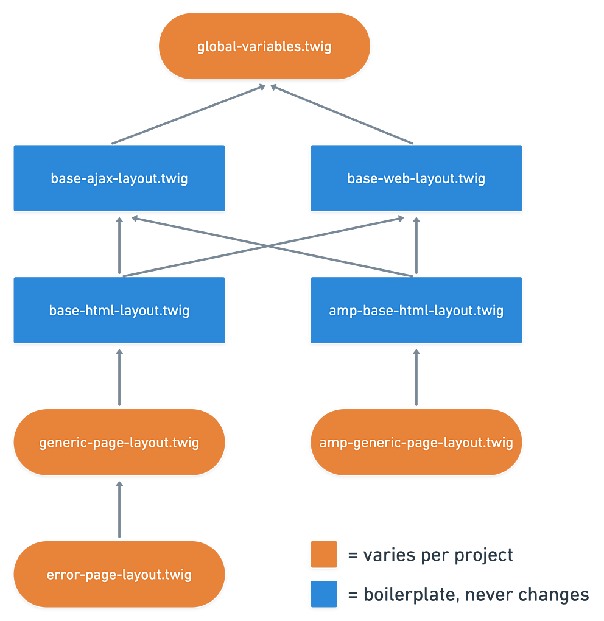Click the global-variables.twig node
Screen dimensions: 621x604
(x=264, y=46)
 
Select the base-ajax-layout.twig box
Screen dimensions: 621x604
(x=119, y=178)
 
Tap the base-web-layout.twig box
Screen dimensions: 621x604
(x=416, y=178)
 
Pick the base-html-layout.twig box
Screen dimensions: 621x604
(x=119, y=310)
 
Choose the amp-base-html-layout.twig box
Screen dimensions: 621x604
(x=416, y=310)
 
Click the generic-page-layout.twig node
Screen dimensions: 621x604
(x=119, y=442)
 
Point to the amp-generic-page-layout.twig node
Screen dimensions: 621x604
(x=416, y=442)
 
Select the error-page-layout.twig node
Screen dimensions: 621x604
(x=119, y=574)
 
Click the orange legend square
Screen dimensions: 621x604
(x=324, y=554)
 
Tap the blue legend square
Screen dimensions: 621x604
(x=324, y=594)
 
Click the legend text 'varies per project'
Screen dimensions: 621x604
(x=430, y=555)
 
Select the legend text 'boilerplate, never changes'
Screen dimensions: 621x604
(x=468, y=594)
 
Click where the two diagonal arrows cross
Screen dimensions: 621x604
(x=267, y=245)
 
